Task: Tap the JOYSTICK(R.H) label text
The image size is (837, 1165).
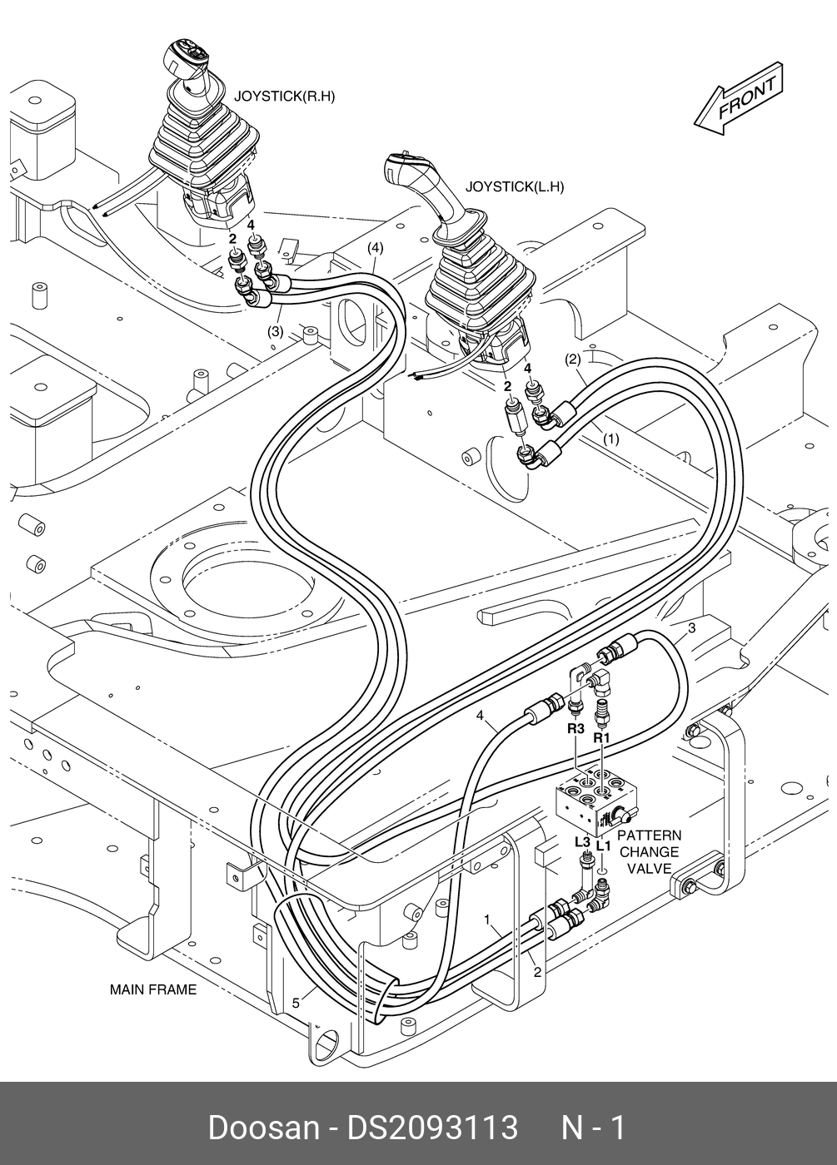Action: coord(284,96)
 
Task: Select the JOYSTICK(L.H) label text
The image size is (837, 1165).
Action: coord(514,187)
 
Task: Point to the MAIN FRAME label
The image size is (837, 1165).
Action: coord(153,989)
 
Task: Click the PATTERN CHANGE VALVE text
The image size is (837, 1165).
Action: coord(649,852)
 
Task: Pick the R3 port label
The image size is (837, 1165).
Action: coord(575,729)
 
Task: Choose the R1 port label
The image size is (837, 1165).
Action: coord(602,737)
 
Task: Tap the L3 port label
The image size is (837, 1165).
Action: coord(582,841)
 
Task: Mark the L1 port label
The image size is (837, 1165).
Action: coord(604,846)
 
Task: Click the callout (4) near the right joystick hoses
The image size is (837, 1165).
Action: coord(375,247)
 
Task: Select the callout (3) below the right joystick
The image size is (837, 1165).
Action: coord(276,331)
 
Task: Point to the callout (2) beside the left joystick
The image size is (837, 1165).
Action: coord(572,360)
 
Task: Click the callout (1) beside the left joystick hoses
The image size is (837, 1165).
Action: coord(610,439)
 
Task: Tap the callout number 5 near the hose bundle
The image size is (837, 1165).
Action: coord(296,1003)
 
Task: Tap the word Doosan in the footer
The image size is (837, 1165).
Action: coord(262,1128)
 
